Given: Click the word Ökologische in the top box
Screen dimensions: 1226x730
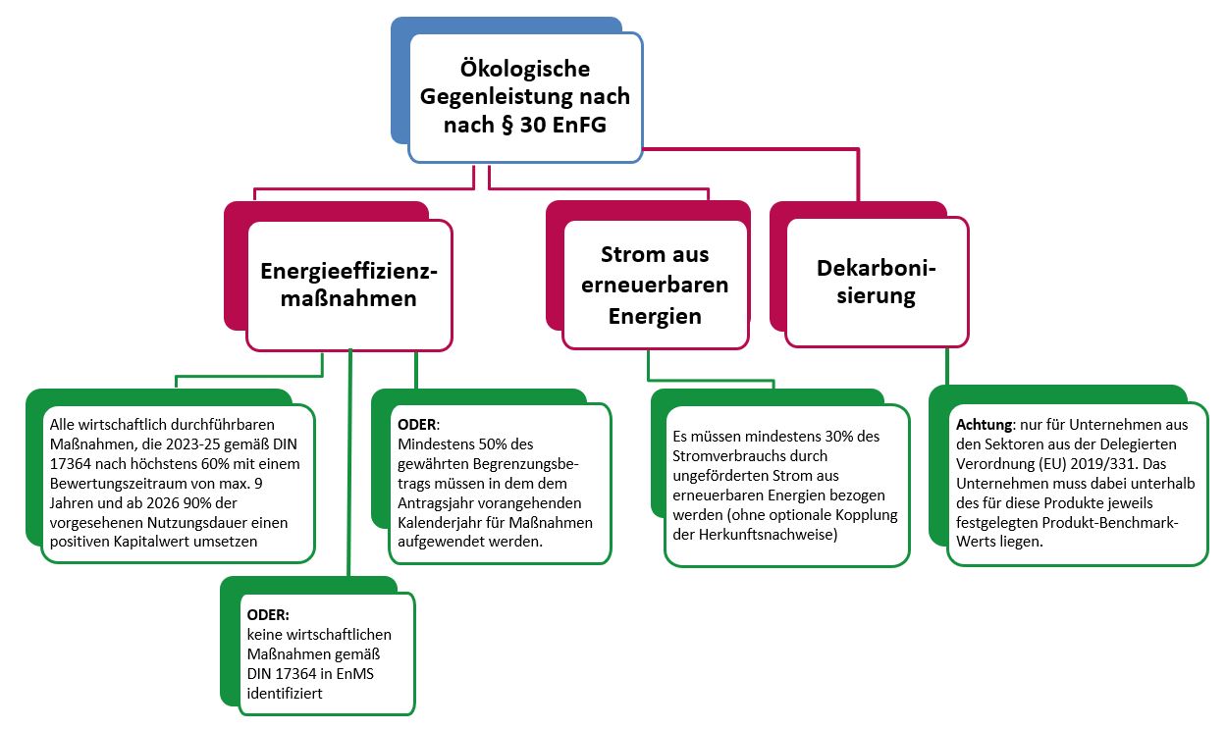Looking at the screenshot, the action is pyautogui.click(x=525, y=69).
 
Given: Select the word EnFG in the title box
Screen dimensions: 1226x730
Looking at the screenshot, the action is pyautogui.click(x=579, y=125).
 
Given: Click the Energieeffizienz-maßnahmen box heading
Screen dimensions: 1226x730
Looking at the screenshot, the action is pyautogui.click(x=348, y=285).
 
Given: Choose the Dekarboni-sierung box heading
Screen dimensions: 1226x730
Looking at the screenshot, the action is pyautogui.click(x=877, y=282).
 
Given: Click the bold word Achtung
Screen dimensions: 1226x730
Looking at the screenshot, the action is pyautogui.click(x=985, y=425).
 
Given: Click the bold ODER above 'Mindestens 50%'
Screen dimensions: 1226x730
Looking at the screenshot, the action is pyautogui.click(x=417, y=425).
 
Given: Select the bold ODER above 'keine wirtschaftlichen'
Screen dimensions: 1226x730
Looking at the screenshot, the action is pyautogui.click(x=268, y=615).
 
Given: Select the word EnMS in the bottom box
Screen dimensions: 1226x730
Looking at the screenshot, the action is pyautogui.click(x=354, y=674).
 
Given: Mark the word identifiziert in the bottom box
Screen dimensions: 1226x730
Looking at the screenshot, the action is pyautogui.click(x=285, y=694).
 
